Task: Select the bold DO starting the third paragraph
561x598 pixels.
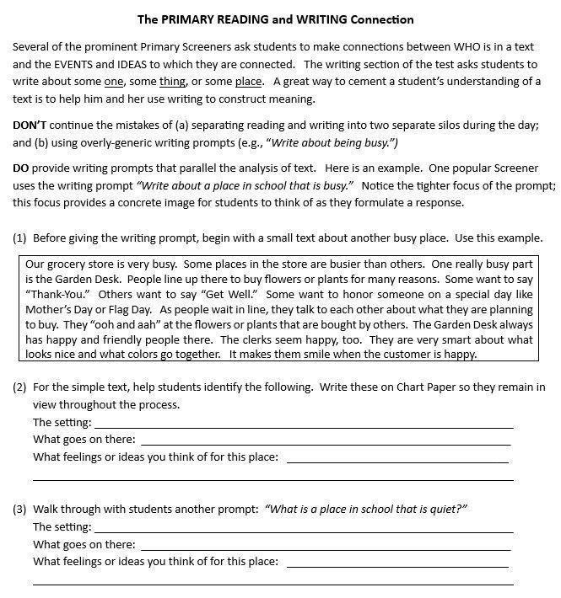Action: pyautogui.click(x=20, y=168)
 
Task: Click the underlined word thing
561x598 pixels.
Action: pyautogui.click(x=172, y=81)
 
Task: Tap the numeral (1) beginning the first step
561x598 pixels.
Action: pyautogui.click(x=20, y=238)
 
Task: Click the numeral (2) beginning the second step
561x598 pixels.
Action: pyautogui.click(x=20, y=387)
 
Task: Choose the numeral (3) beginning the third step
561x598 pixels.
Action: pyautogui.click(x=20, y=509)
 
